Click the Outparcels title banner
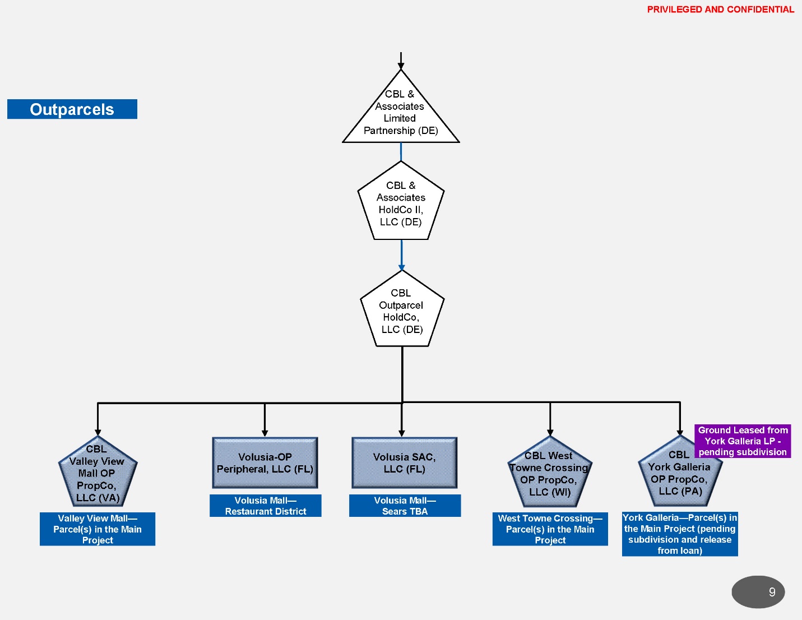click(x=72, y=109)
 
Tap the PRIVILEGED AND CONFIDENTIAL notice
click(x=720, y=10)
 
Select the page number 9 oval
click(x=758, y=592)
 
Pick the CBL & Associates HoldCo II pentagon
click(x=401, y=203)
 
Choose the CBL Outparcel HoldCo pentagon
click(x=402, y=311)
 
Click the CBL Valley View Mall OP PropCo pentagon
click(x=98, y=474)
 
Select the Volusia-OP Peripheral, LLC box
click(x=265, y=463)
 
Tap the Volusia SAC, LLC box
click(x=404, y=463)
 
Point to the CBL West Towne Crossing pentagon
click(x=550, y=474)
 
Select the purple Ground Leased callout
click(x=743, y=441)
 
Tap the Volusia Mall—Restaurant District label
click(x=266, y=506)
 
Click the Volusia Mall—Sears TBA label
click(x=405, y=506)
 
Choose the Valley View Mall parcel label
click(x=98, y=529)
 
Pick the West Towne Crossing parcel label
click(x=550, y=529)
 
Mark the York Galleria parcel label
click(x=680, y=534)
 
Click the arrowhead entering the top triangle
click(x=401, y=66)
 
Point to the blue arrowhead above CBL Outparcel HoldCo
click(x=401, y=267)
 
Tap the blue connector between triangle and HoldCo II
click(x=401, y=152)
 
